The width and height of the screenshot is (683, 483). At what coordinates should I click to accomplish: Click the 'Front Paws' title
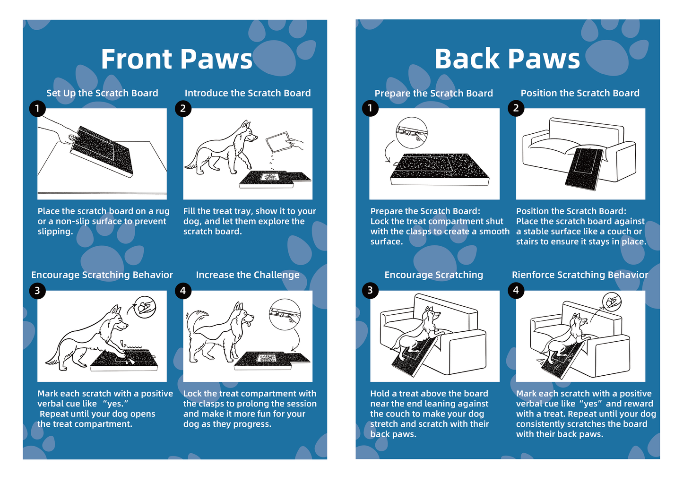click(177, 59)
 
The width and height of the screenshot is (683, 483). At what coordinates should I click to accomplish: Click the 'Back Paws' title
click(507, 59)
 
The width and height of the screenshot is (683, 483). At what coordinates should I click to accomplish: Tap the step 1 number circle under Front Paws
click(37, 109)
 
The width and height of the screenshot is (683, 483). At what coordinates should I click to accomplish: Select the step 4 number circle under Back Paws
click(516, 290)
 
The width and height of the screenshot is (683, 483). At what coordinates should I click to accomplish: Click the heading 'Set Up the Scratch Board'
click(102, 93)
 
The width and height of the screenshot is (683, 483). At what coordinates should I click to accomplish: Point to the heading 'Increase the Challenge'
click(248, 275)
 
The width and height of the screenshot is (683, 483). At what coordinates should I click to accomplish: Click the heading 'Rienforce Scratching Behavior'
click(580, 275)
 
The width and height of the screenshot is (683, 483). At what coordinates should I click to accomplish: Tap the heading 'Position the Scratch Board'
click(580, 93)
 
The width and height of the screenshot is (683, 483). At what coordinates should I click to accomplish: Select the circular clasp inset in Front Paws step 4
click(285, 314)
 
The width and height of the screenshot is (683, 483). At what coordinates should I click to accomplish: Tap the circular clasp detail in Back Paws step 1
click(411, 133)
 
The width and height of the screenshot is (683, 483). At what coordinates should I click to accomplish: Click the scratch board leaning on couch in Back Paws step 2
click(584, 168)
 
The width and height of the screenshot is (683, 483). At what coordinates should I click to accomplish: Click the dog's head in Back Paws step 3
click(431, 314)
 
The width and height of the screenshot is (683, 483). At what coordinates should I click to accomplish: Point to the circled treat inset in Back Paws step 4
click(612, 301)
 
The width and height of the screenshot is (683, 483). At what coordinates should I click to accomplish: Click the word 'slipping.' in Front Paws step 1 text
click(55, 232)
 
